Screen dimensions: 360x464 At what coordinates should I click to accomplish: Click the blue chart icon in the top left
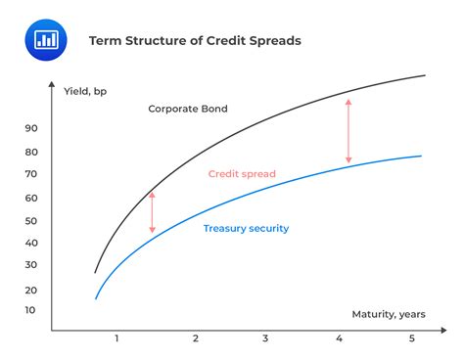(43, 39)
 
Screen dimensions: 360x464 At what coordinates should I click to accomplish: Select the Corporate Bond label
(187, 109)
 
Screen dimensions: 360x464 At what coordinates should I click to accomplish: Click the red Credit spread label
(242, 174)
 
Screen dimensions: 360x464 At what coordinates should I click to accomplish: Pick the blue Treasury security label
(246, 228)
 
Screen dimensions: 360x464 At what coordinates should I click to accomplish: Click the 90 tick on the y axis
(30, 128)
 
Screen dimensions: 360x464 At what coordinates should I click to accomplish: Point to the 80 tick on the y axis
(30, 152)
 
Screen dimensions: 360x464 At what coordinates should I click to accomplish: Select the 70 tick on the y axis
(30, 174)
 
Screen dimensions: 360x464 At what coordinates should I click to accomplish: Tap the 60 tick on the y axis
(30, 198)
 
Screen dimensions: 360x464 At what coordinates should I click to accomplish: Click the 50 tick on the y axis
(30, 220)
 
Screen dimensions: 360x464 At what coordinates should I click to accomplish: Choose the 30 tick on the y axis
(30, 265)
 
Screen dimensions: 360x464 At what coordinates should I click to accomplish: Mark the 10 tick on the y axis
(30, 310)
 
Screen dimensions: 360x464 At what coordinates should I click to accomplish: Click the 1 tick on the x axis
(116, 338)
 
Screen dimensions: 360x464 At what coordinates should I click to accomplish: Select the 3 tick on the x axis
(265, 338)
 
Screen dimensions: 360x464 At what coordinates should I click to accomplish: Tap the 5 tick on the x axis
(412, 338)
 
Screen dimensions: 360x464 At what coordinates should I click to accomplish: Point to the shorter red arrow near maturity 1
(152, 212)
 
